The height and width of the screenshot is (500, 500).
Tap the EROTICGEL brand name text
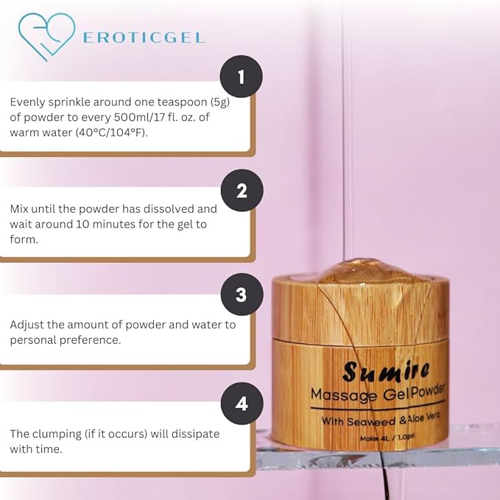pyautogui.click(x=144, y=38)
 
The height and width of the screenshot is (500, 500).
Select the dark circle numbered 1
pyautogui.click(x=242, y=77)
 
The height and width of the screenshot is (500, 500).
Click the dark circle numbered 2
pyautogui.click(x=242, y=191)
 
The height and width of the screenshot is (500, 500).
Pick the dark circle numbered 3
pyautogui.click(x=242, y=295)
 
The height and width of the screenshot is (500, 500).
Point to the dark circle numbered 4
pyautogui.click(x=242, y=404)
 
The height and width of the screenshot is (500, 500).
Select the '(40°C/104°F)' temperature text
pyautogui.click(x=112, y=133)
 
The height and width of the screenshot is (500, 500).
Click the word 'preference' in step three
pyautogui.click(x=88, y=340)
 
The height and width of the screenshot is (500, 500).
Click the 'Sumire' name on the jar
pyautogui.click(x=386, y=371)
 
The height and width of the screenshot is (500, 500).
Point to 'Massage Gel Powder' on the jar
pyautogui.click(x=378, y=394)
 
